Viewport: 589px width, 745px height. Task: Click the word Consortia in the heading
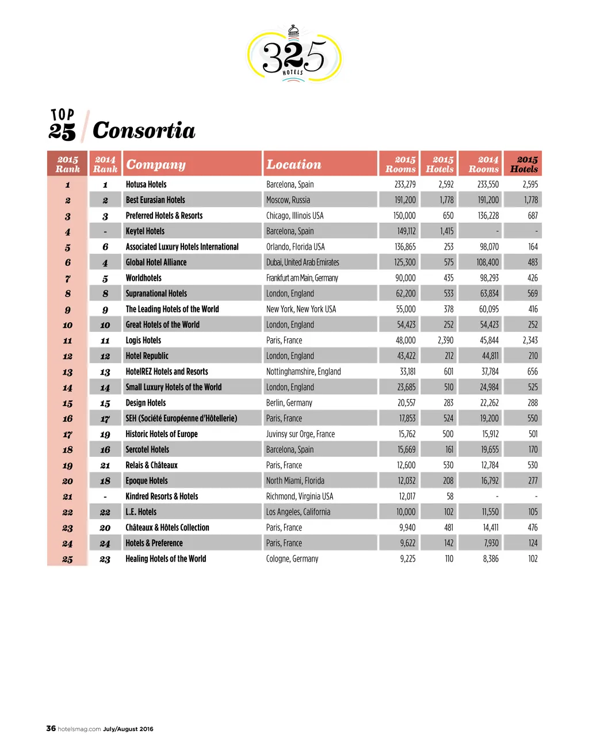tap(144, 131)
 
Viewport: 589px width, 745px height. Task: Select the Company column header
tap(156, 165)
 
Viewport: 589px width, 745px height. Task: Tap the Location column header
tap(293, 165)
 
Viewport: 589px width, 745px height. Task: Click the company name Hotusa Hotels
tap(146, 185)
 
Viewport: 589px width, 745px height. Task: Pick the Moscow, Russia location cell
tap(288, 200)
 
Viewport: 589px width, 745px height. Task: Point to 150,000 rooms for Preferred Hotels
tap(404, 216)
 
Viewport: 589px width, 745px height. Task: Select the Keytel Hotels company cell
tap(145, 231)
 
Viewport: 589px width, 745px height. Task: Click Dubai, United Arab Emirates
tap(303, 262)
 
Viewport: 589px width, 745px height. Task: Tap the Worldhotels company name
tap(144, 278)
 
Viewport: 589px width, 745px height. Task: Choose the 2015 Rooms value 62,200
tap(406, 293)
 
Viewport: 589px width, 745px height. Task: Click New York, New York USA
tap(301, 309)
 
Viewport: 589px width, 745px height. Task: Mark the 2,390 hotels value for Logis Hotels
tap(445, 341)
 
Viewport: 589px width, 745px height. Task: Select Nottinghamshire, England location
tap(303, 372)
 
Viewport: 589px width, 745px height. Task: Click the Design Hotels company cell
tap(146, 403)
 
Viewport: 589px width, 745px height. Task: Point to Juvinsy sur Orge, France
tap(300, 434)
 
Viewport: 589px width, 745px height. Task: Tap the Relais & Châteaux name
tap(151, 465)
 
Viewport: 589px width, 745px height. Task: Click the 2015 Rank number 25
tap(67, 559)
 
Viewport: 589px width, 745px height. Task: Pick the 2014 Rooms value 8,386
tap(490, 559)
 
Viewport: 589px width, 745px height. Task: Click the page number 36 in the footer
tap(51, 728)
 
